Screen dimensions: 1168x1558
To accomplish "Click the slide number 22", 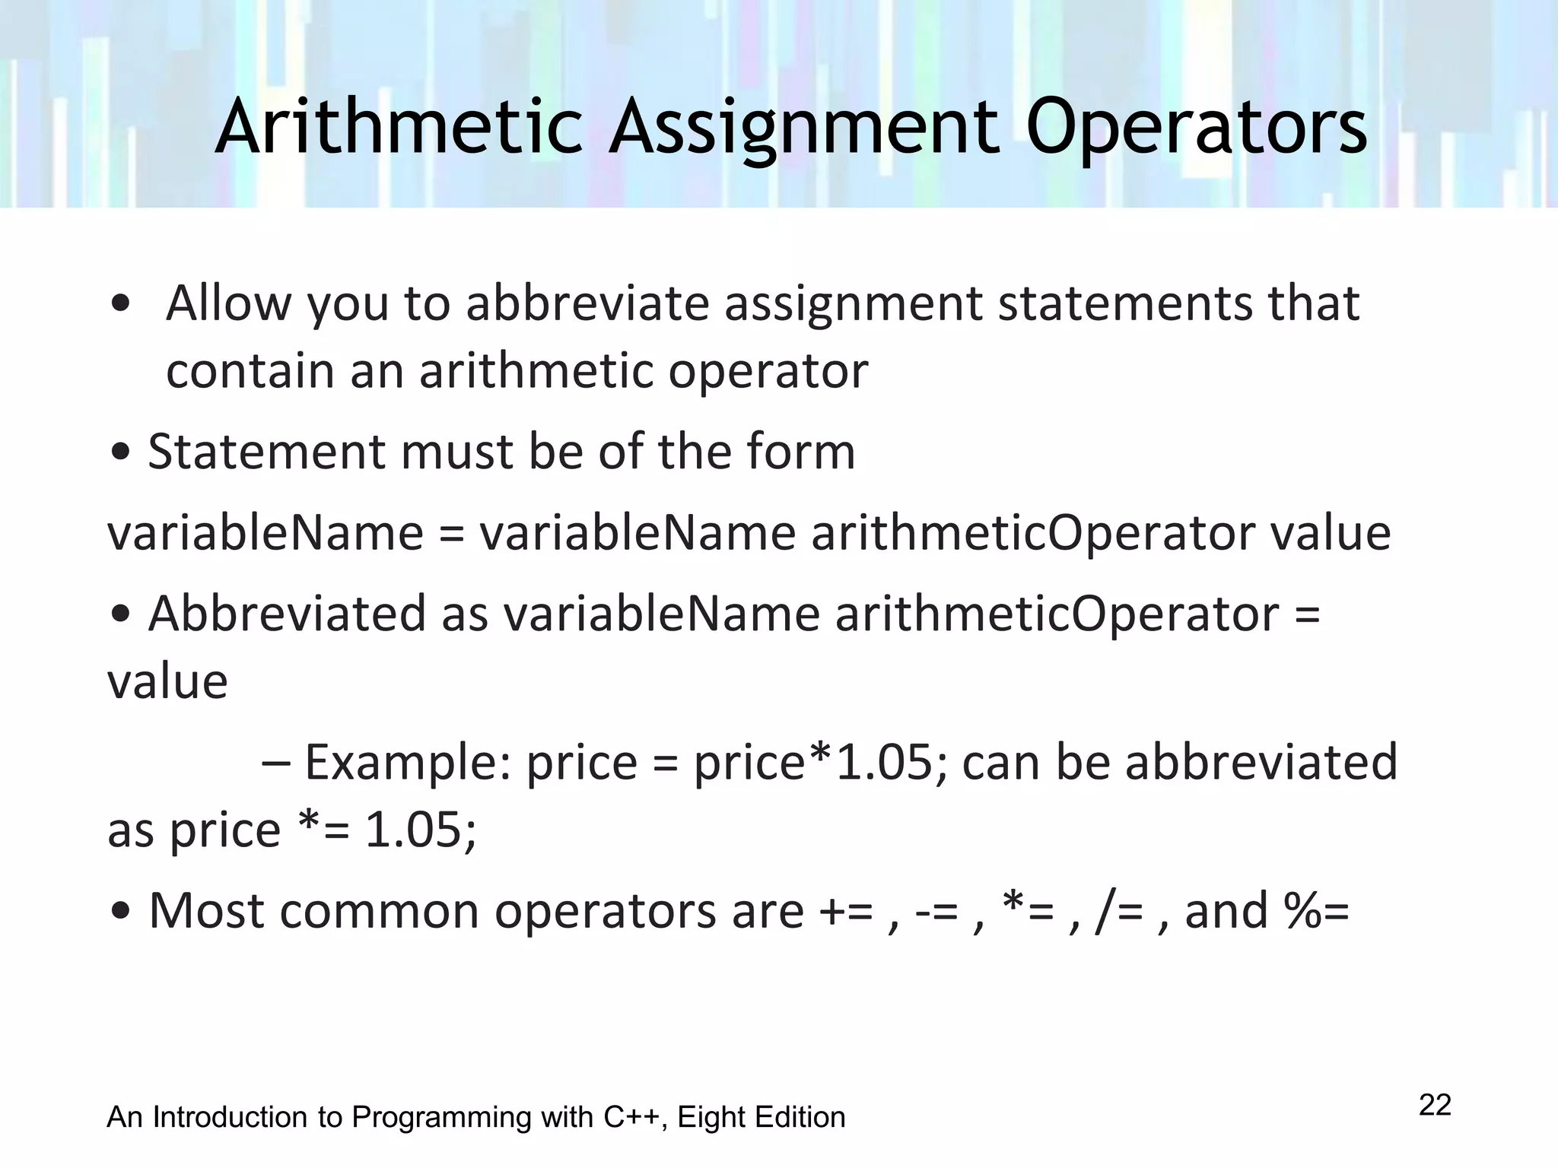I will click(x=1435, y=1105).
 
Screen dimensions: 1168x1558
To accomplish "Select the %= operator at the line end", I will click(x=1317, y=910).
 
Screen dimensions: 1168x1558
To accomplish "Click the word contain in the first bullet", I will click(x=250, y=371).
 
